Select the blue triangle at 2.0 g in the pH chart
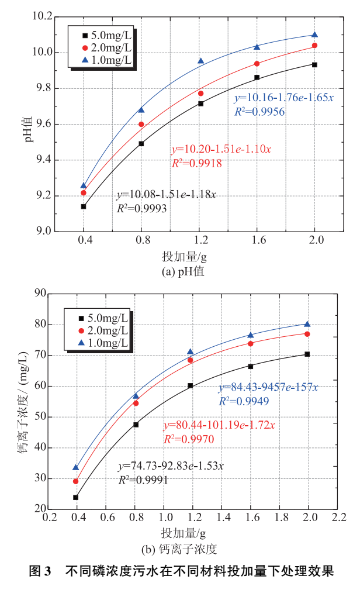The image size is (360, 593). pos(314,35)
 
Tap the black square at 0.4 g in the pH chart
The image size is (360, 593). pos(84,206)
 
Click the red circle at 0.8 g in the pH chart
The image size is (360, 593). pos(141,124)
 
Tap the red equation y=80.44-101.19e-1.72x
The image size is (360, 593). pos(218,425)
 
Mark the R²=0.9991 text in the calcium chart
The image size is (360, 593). pos(144,480)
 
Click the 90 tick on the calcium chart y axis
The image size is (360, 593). pos(40,294)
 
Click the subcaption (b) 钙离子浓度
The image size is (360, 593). pos(179,550)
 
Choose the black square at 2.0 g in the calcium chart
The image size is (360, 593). pos(307,354)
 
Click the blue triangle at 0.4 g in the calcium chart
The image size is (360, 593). pos(75,467)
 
